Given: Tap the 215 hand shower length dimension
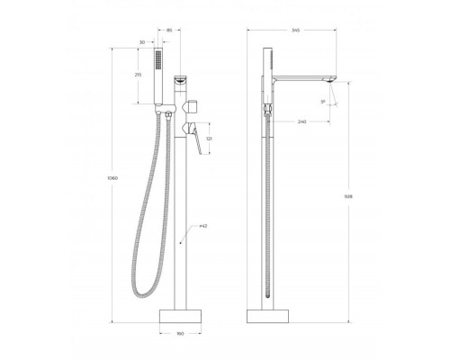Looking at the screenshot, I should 137,76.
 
